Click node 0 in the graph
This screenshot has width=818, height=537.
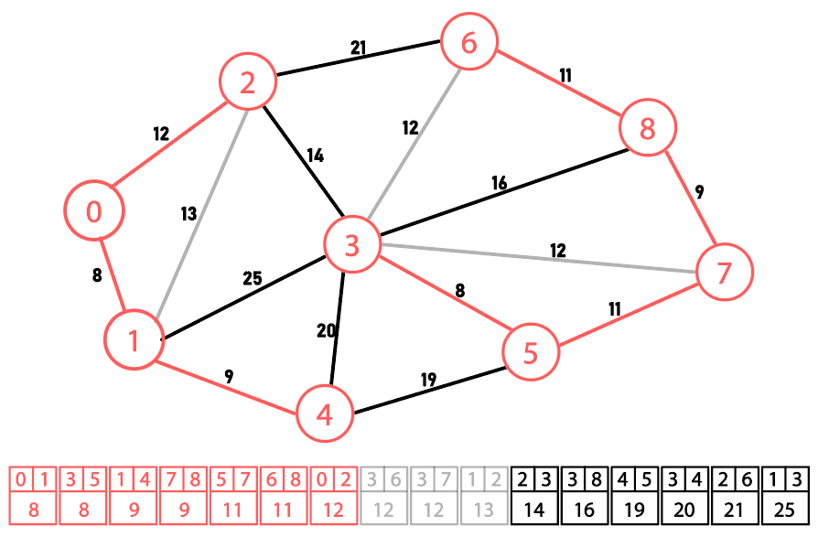pyautogui.click(x=94, y=211)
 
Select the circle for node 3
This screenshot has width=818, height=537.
pyautogui.click(x=352, y=244)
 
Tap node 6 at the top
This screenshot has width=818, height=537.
pyautogui.click(x=469, y=43)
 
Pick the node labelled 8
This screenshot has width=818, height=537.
pyautogui.click(x=648, y=128)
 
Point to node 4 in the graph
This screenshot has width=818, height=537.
pyautogui.click(x=324, y=414)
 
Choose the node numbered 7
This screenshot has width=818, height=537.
pyautogui.click(x=724, y=272)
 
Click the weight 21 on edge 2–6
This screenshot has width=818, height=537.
pyautogui.click(x=358, y=48)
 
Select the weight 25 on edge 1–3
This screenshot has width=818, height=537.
pyautogui.click(x=253, y=278)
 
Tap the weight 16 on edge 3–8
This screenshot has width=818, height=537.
pyautogui.click(x=498, y=183)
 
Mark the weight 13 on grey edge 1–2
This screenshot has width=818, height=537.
pyautogui.click(x=188, y=214)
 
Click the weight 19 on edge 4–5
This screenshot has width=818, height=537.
pyautogui.click(x=428, y=380)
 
